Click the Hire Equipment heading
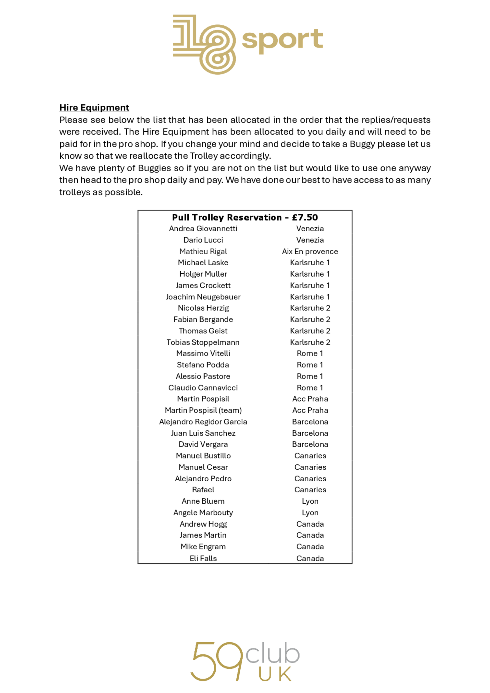coord(94,108)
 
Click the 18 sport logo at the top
coord(247,44)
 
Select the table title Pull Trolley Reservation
coord(227,217)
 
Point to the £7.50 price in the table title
coord(305,217)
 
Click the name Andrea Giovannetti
coord(203,229)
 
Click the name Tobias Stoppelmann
coord(203,342)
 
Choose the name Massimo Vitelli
coord(203,353)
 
